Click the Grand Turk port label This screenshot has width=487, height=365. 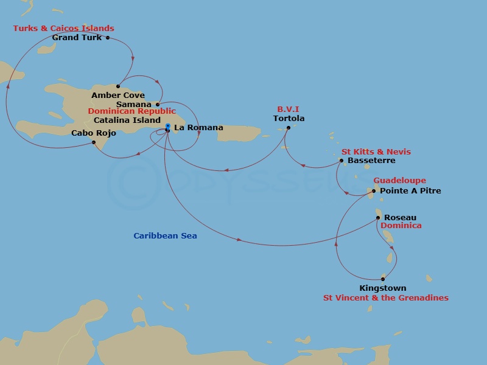coord(77,38)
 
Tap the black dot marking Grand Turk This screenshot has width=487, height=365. coord(108,38)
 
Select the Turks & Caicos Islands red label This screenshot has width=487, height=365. coord(63,29)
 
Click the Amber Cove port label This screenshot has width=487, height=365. coord(118,96)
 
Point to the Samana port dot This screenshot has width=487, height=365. coord(158,105)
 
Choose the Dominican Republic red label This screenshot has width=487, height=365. coord(131,111)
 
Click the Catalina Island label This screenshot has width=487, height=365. coord(127,120)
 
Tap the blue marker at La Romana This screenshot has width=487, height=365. coord(167,127)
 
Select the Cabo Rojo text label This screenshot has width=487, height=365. coord(94,133)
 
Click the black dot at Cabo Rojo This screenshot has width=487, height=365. coord(94,142)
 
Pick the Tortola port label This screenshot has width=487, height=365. coord(289,119)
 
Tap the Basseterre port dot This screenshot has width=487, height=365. coord(342,161)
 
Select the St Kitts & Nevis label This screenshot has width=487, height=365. coord(376,151)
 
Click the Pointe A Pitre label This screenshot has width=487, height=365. coord(410,191)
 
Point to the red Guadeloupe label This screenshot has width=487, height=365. coord(399,181)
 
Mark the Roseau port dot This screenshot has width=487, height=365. coord(378,217)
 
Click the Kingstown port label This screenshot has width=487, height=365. coord(383,288)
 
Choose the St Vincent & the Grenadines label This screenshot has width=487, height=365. coord(385,298)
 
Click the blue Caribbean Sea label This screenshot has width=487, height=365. coord(165,236)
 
